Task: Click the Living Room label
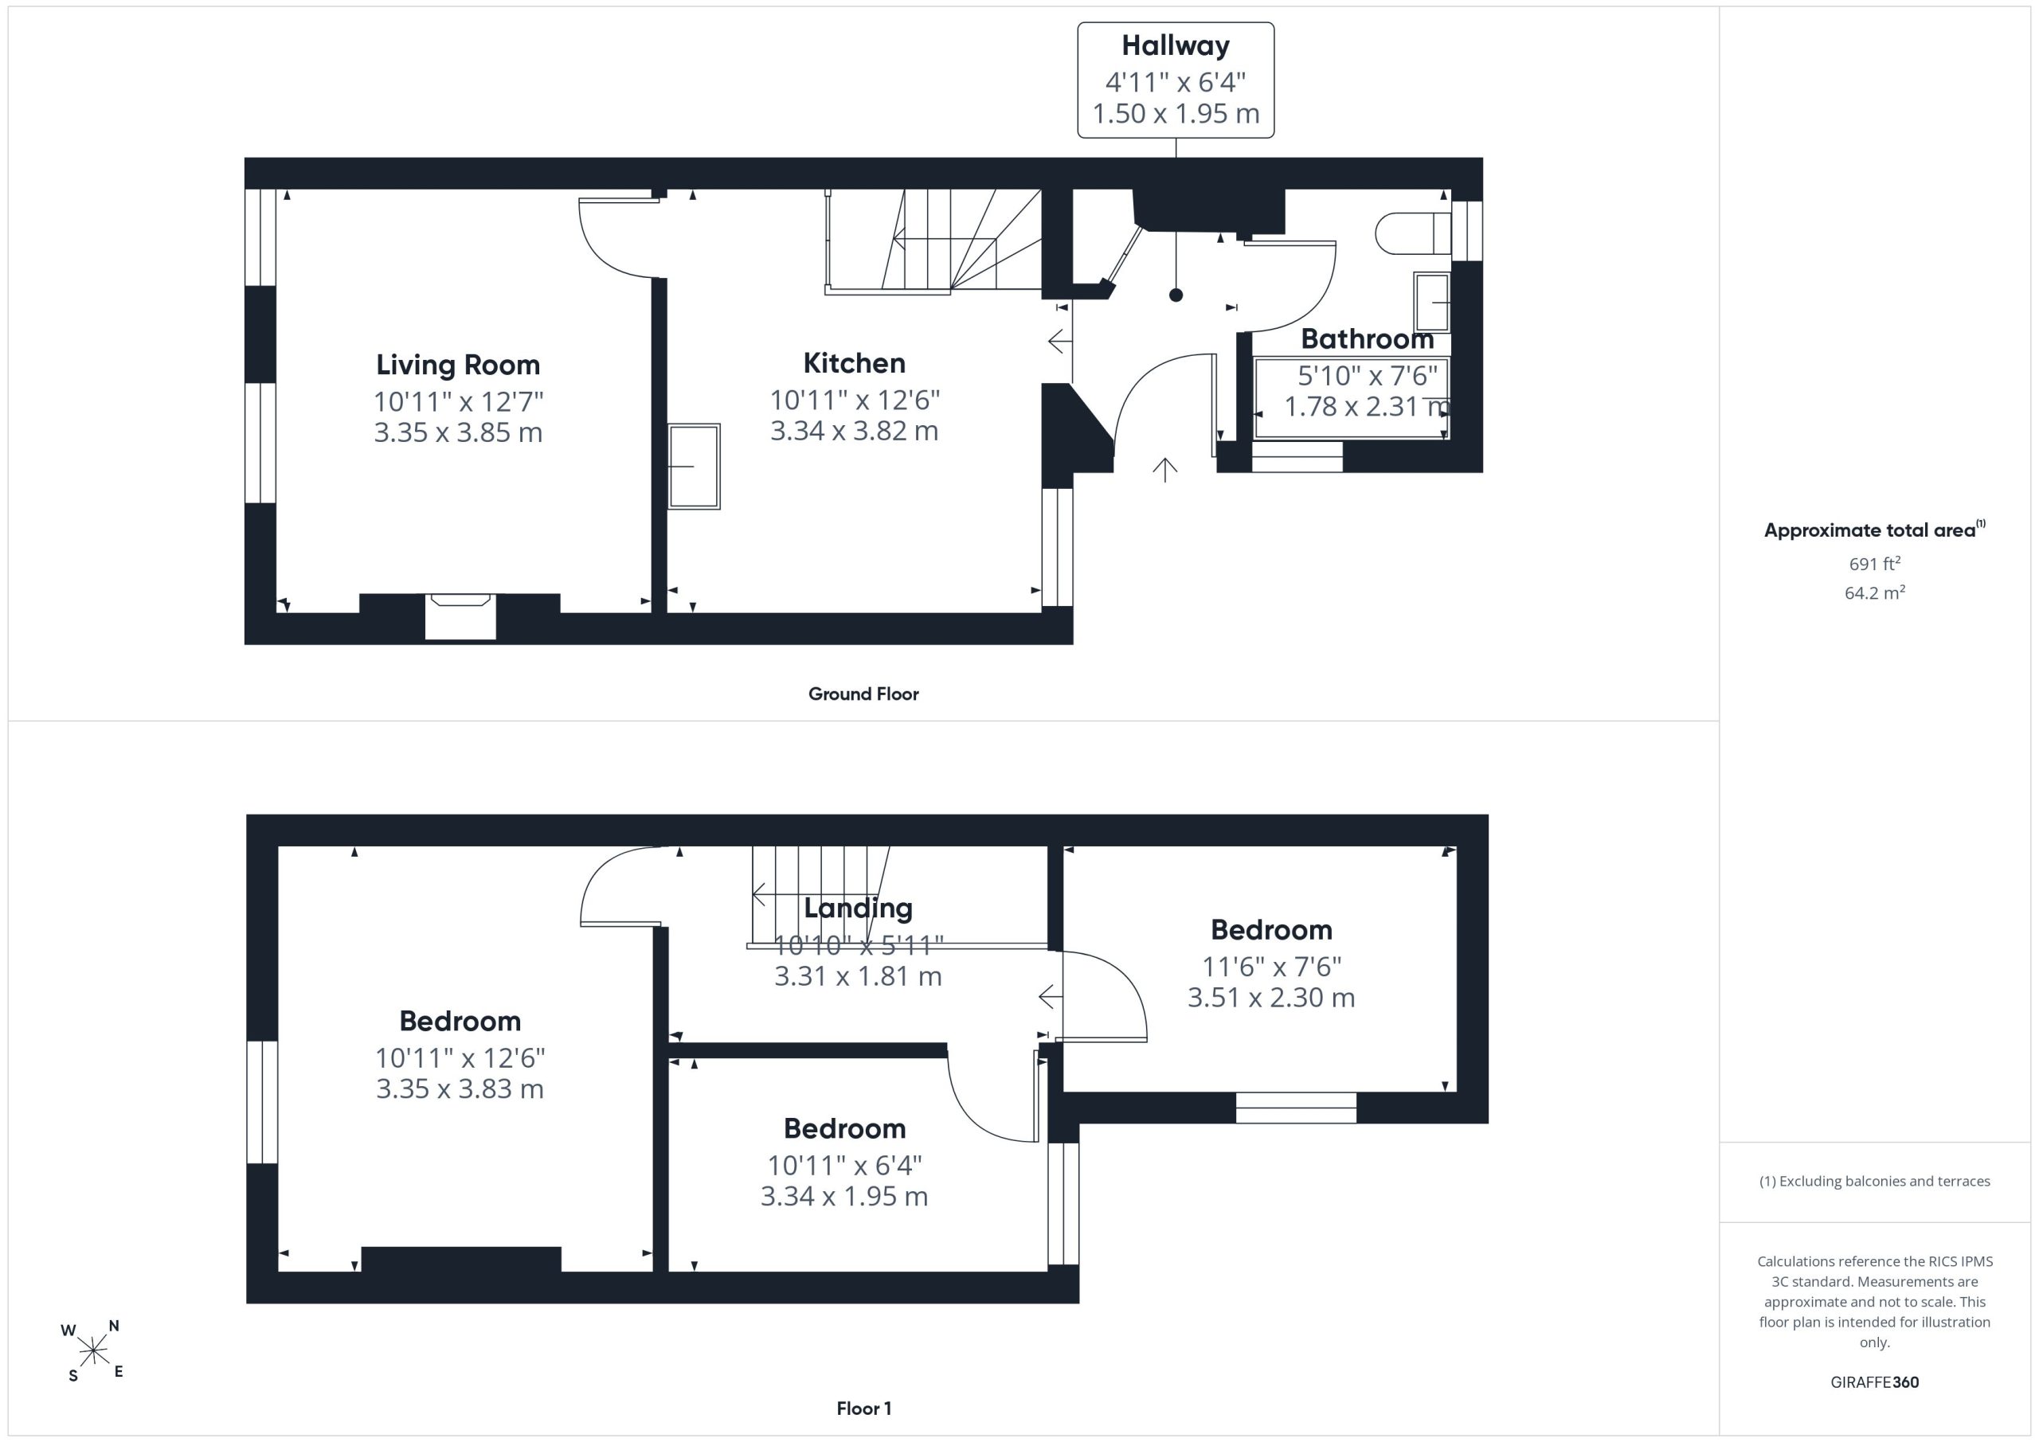tap(458, 365)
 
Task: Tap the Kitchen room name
tap(855, 363)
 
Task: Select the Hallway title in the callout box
tap(1175, 45)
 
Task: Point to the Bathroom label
tap(1367, 339)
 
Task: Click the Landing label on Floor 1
tap(858, 909)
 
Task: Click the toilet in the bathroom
tap(1413, 233)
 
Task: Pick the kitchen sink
tap(695, 466)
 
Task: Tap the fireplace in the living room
tap(460, 615)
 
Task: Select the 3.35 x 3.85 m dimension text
tap(458, 433)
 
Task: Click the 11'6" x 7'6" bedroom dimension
tap(1272, 966)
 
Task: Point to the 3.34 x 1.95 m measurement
tap(843, 1197)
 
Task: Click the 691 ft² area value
tap(1874, 564)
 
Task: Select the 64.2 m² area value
tap(1874, 592)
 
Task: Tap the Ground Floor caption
tap(863, 694)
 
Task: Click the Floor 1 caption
tap(863, 1409)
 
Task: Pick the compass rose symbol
tap(92, 1351)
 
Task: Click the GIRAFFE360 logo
tap(1874, 1382)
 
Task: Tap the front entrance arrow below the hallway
tap(1164, 470)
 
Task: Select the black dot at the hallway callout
tap(1176, 295)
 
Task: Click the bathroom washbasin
tap(1431, 302)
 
